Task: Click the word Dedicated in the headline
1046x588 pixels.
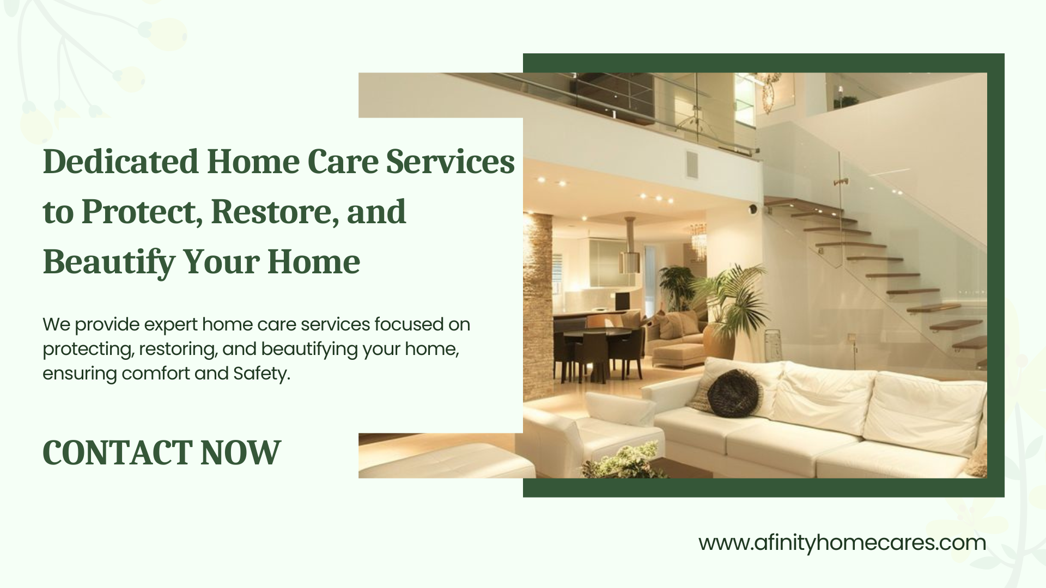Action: click(120, 162)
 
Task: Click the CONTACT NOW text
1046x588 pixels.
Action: click(161, 452)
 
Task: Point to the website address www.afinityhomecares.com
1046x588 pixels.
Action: click(842, 543)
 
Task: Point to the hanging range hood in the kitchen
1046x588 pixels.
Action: click(631, 244)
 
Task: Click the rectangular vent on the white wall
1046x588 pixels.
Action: click(691, 165)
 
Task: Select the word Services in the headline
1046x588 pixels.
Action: click(451, 162)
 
